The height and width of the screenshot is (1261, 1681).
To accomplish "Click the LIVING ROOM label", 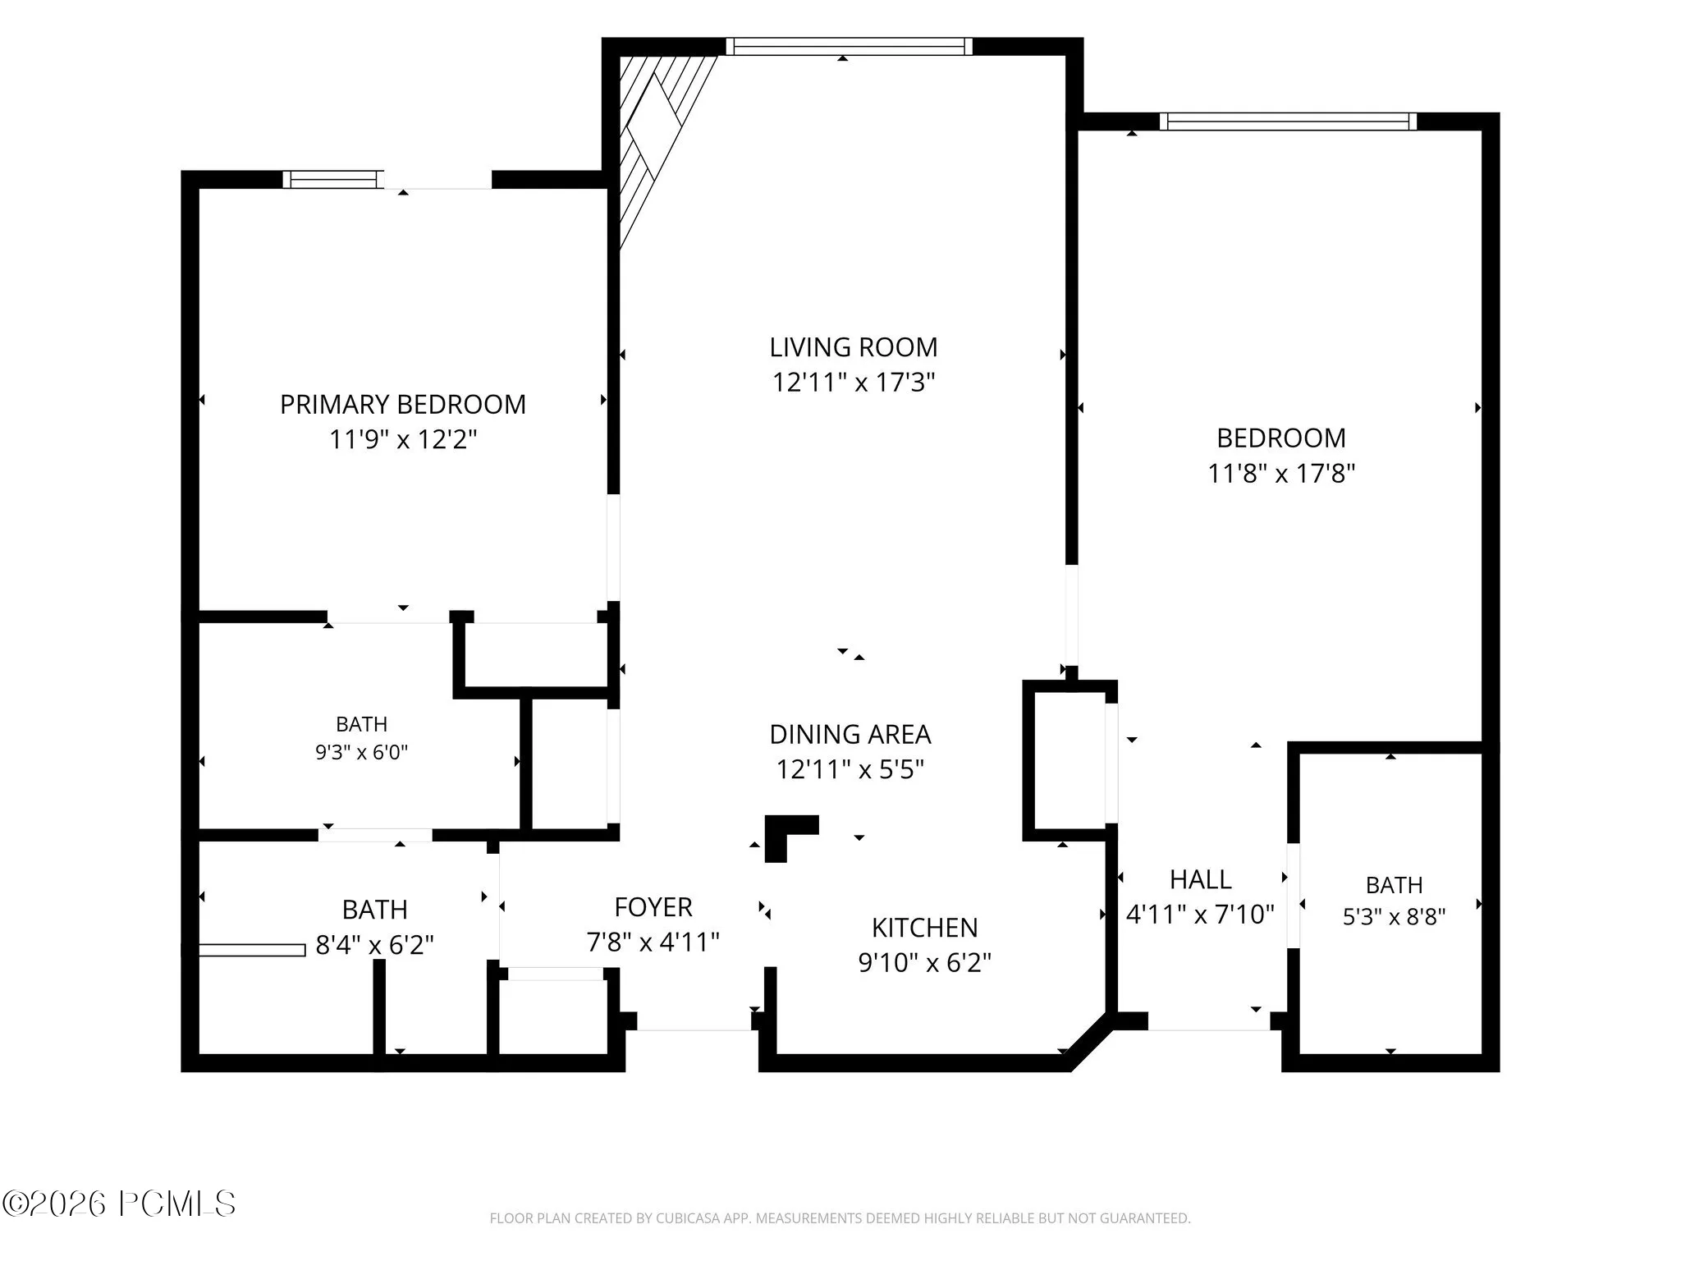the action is [853, 347].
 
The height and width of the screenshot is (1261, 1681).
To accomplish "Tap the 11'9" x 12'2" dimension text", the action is [403, 439].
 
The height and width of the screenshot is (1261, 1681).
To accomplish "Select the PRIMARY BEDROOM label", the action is [403, 404].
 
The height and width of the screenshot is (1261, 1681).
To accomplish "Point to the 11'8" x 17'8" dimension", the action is [1281, 473].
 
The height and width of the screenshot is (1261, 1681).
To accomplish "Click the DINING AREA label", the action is [850, 734].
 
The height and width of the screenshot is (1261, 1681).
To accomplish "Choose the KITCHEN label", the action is [925, 928].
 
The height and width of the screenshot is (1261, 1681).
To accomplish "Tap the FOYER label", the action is [653, 907].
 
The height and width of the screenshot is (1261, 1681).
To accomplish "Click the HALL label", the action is [1200, 879].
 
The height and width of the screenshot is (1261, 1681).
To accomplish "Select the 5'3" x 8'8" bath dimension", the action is [1394, 916].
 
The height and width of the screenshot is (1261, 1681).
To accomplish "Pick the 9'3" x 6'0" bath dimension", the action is [362, 752].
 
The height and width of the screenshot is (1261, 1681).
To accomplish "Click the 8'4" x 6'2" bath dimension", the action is [375, 945].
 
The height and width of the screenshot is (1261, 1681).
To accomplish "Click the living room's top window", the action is [850, 47].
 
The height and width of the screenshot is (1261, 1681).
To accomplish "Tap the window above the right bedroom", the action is [1289, 122].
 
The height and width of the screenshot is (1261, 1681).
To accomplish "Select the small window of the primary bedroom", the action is [333, 180].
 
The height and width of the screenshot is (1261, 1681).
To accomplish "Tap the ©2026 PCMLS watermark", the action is [119, 1204].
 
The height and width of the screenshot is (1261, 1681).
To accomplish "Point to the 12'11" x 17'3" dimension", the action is [854, 383].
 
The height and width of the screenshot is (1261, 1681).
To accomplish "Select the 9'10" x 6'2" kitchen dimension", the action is [925, 962].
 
